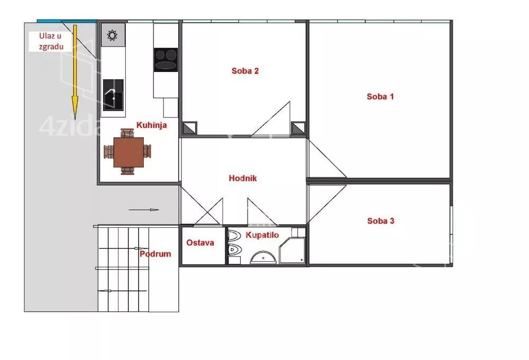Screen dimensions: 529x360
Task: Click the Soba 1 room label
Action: point(380,97)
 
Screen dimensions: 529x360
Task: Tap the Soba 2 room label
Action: point(245,71)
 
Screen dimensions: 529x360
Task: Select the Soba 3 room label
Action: point(380,221)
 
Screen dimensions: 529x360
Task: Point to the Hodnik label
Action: point(243,178)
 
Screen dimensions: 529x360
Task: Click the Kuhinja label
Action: point(151,125)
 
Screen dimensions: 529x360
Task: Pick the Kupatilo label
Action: point(262,235)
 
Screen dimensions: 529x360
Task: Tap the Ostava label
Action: point(200,243)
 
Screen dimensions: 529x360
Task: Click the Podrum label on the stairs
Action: point(155,254)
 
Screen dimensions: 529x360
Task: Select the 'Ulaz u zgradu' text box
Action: point(51,41)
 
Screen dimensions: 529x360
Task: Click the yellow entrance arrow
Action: point(75,72)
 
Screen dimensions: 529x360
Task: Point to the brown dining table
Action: point(129,152)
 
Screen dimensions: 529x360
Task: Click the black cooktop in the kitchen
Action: point(166,60)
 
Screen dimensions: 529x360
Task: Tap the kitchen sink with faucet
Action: point(113,95)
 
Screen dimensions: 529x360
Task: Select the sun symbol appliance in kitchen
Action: point(113,35)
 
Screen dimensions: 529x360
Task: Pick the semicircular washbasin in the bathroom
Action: point(263,257)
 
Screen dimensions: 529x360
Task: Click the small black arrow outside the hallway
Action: point(144,210)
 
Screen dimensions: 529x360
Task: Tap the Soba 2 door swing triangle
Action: point(270,119)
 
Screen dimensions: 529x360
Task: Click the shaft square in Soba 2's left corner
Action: point(189,128)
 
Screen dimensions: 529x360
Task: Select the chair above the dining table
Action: point(127,133)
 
